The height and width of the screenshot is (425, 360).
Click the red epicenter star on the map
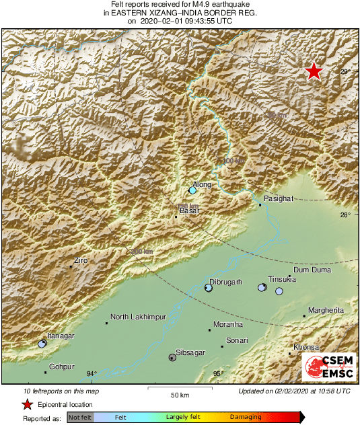pyautogui.click(x=314, y=71)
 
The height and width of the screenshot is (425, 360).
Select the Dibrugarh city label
pyautogui.click(x=225, y=282)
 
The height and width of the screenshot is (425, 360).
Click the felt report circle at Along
pyautogui.click(x=192, y=191)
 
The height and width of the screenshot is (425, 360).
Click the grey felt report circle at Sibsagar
pyautogui.click(x=172, y=358)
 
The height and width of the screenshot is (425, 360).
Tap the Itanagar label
pyautogui.click(x=61, y=336)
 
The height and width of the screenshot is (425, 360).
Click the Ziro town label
pyautogui.click(x=81, y=260)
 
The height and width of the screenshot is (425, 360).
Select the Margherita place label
pyautogui.click(x=326, y=311)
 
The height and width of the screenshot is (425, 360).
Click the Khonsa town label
pyautogui.click(x=306, y=347)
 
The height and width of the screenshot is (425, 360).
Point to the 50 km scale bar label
pyautogui.click(x=178, y=394)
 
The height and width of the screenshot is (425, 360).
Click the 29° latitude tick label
pyautogui.click(x=345, y=71)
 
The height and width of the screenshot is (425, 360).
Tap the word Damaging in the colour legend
pyautogui.click(x=246, y=418)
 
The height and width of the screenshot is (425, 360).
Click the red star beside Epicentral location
pyautogui.click(x=27, y=405)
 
